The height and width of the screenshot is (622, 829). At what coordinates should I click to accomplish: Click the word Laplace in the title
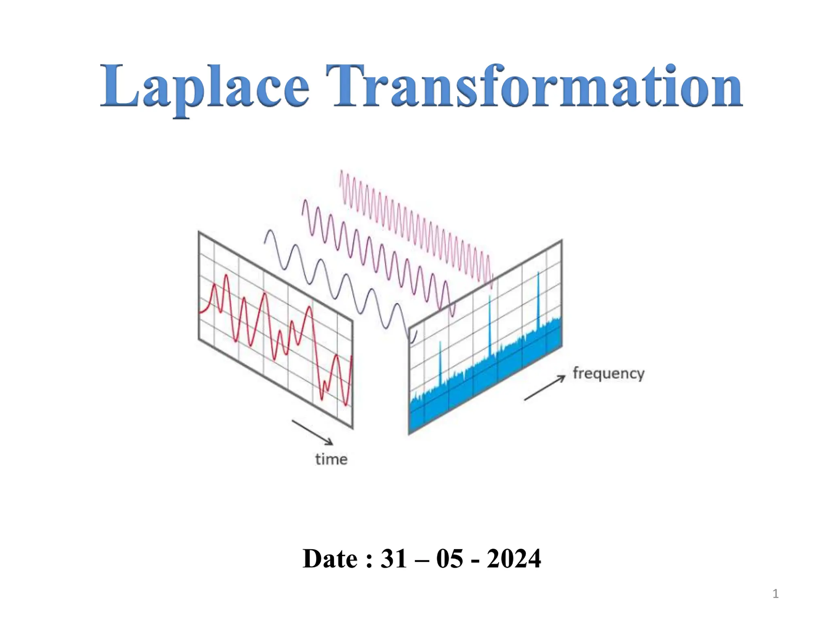[205, 87]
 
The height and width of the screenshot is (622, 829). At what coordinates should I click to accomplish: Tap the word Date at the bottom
[330, 559]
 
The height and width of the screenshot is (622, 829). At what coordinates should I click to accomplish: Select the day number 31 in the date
[393, 559]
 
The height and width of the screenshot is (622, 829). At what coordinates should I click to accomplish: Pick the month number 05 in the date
[449, 559]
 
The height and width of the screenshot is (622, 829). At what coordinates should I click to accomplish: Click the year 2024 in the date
[514, 559]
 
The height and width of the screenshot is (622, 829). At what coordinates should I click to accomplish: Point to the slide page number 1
[775, 594]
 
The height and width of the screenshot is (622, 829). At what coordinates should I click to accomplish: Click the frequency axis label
[608, 373]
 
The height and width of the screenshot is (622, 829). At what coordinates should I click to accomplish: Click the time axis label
[331, 459]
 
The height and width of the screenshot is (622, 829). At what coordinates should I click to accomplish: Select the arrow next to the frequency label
[544, 388]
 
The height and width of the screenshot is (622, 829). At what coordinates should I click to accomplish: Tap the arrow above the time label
[312, 432]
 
